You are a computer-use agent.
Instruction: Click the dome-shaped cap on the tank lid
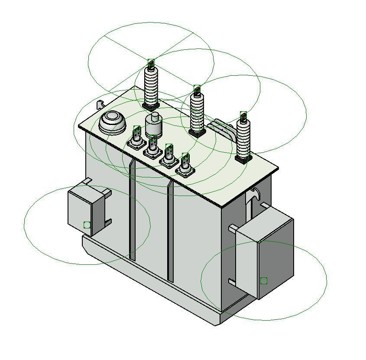click(113, 122)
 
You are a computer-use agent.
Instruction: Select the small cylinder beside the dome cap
click(153, 125)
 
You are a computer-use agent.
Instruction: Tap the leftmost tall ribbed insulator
click(151, 87)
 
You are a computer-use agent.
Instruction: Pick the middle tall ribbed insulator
click(197, 112)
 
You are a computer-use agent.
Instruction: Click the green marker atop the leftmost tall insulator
click(151, 63)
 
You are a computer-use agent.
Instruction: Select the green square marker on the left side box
click(87, 225)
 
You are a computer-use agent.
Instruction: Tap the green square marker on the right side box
click(264, 281)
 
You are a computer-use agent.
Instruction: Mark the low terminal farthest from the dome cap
click(185, 166)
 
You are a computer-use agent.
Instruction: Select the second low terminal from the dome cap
click(152, 148)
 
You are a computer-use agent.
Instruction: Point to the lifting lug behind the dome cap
click(100, 104)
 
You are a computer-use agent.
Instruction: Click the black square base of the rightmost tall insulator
click(243, 159)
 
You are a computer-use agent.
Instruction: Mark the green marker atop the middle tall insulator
click(197, 89)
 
